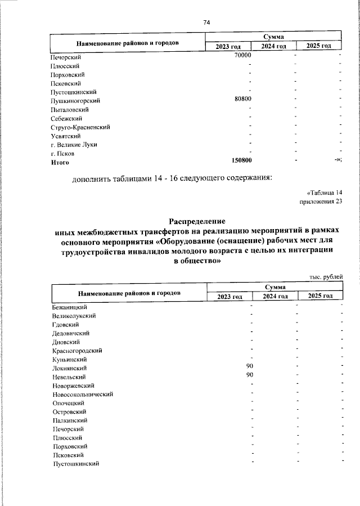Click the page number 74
(x=206, y=23)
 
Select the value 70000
(x=242, y=56)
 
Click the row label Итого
(x=60, y=162)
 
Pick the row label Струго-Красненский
(x=80, y=127)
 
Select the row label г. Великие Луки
(x=74, y=144)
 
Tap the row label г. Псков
(x=63, y=153)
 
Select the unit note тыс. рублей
(x=326, y=276)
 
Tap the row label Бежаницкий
(x=69, y=307)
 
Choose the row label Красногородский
(x=76, y=350)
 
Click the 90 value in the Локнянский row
(x=250, y=367)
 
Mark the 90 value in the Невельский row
(x=250, y=375)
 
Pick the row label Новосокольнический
(x=83, y=394)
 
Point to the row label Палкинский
(x=70, y=420)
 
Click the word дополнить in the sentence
(x=93, y=180)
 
